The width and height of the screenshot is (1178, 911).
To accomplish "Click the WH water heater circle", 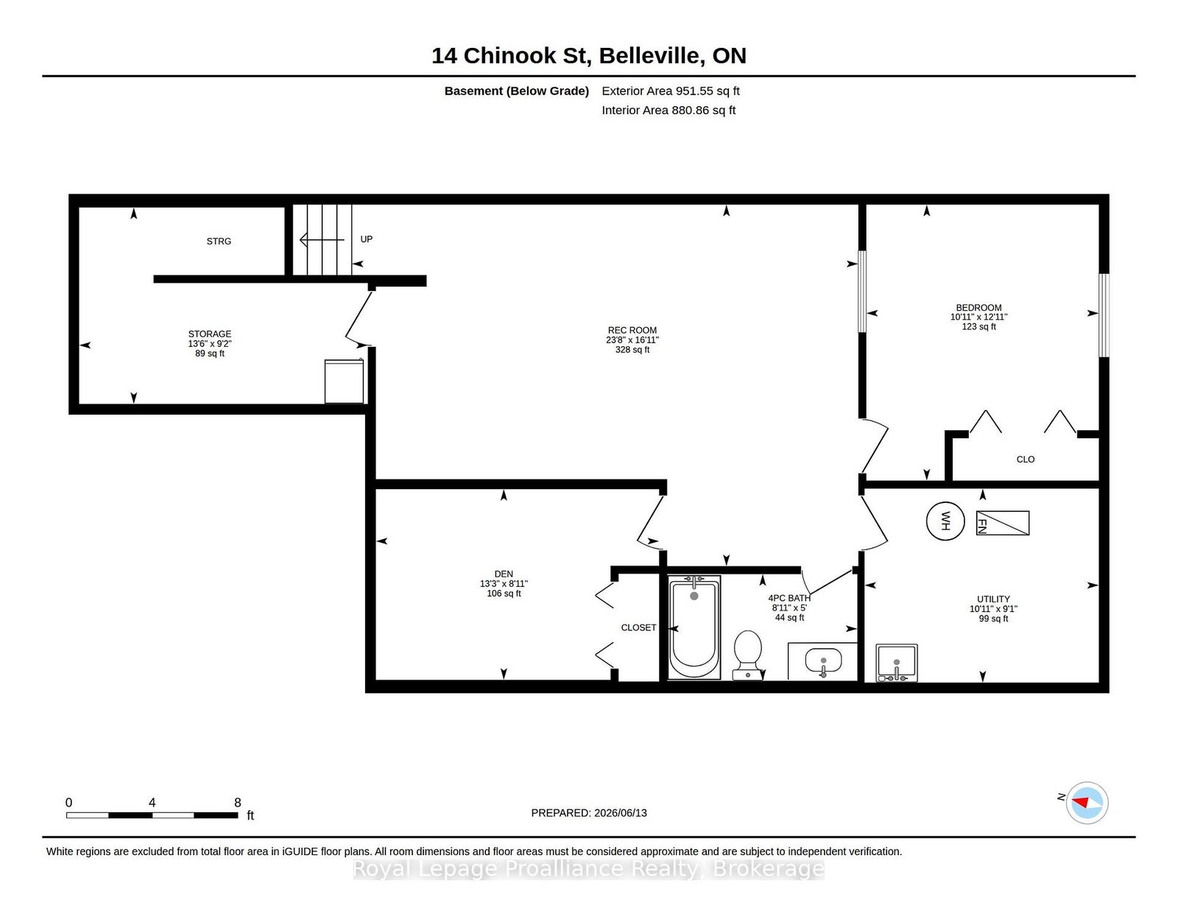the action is (945, 521).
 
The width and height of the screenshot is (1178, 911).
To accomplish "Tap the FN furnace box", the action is (1002, 524).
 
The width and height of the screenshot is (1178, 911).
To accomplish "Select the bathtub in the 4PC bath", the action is (694, 627).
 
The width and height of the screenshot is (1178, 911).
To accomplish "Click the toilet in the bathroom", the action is (747, 655).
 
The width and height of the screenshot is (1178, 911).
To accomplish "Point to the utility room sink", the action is (897, 663).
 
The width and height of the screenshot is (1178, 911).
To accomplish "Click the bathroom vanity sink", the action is (823, 661).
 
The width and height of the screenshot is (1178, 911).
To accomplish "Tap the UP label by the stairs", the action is (367, 239).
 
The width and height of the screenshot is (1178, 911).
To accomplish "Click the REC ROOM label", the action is (632, 330).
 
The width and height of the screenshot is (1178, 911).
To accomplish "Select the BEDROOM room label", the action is (978, 307).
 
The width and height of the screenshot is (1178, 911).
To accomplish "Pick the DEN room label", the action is (504, 574).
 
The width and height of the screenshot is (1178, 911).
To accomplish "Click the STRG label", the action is (219, 242).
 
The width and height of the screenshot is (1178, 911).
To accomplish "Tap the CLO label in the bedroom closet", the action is (1025, 460).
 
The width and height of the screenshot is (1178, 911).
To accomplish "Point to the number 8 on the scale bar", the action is (238, 803).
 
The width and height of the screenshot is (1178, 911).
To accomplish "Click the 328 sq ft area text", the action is (632, 350).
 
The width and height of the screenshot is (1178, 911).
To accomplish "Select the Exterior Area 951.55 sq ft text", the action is (671, 91).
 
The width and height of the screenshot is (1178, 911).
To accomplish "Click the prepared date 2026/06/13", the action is (620, 813).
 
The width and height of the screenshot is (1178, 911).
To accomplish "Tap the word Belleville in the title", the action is (652, 57).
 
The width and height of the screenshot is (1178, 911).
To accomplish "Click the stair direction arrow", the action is (322, 239).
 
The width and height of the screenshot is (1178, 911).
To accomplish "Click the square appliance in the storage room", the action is (345, 381).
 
